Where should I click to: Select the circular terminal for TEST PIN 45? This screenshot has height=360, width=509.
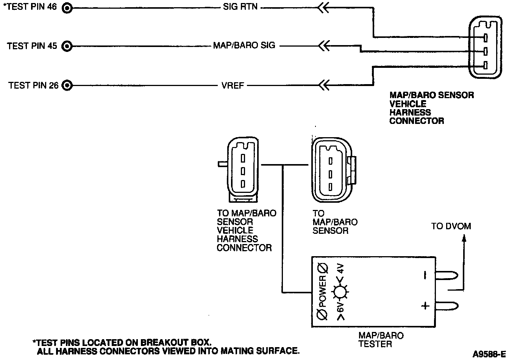tap(67, 46)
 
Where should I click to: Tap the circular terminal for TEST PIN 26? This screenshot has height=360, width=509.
tap(67, 85)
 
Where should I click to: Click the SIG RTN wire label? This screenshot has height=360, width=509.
tap(240, 7)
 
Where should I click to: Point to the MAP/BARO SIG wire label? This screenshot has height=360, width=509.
tap(244, 46)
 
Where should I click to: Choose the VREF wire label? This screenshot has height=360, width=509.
tap(233, 85)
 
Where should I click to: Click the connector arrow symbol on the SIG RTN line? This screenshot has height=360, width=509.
tap(323, 7)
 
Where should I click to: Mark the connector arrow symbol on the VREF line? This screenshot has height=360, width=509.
tap(323, 85)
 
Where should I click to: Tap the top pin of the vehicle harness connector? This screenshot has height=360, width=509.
tap(485, 38)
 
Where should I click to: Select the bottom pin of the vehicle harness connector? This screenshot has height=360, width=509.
tap(485, 66)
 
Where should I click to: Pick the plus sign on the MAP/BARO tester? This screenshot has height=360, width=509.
tap(425, 305)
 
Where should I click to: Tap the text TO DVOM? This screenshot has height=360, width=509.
tap(451, 226)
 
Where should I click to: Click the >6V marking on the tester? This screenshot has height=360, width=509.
tap(340, 311)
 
